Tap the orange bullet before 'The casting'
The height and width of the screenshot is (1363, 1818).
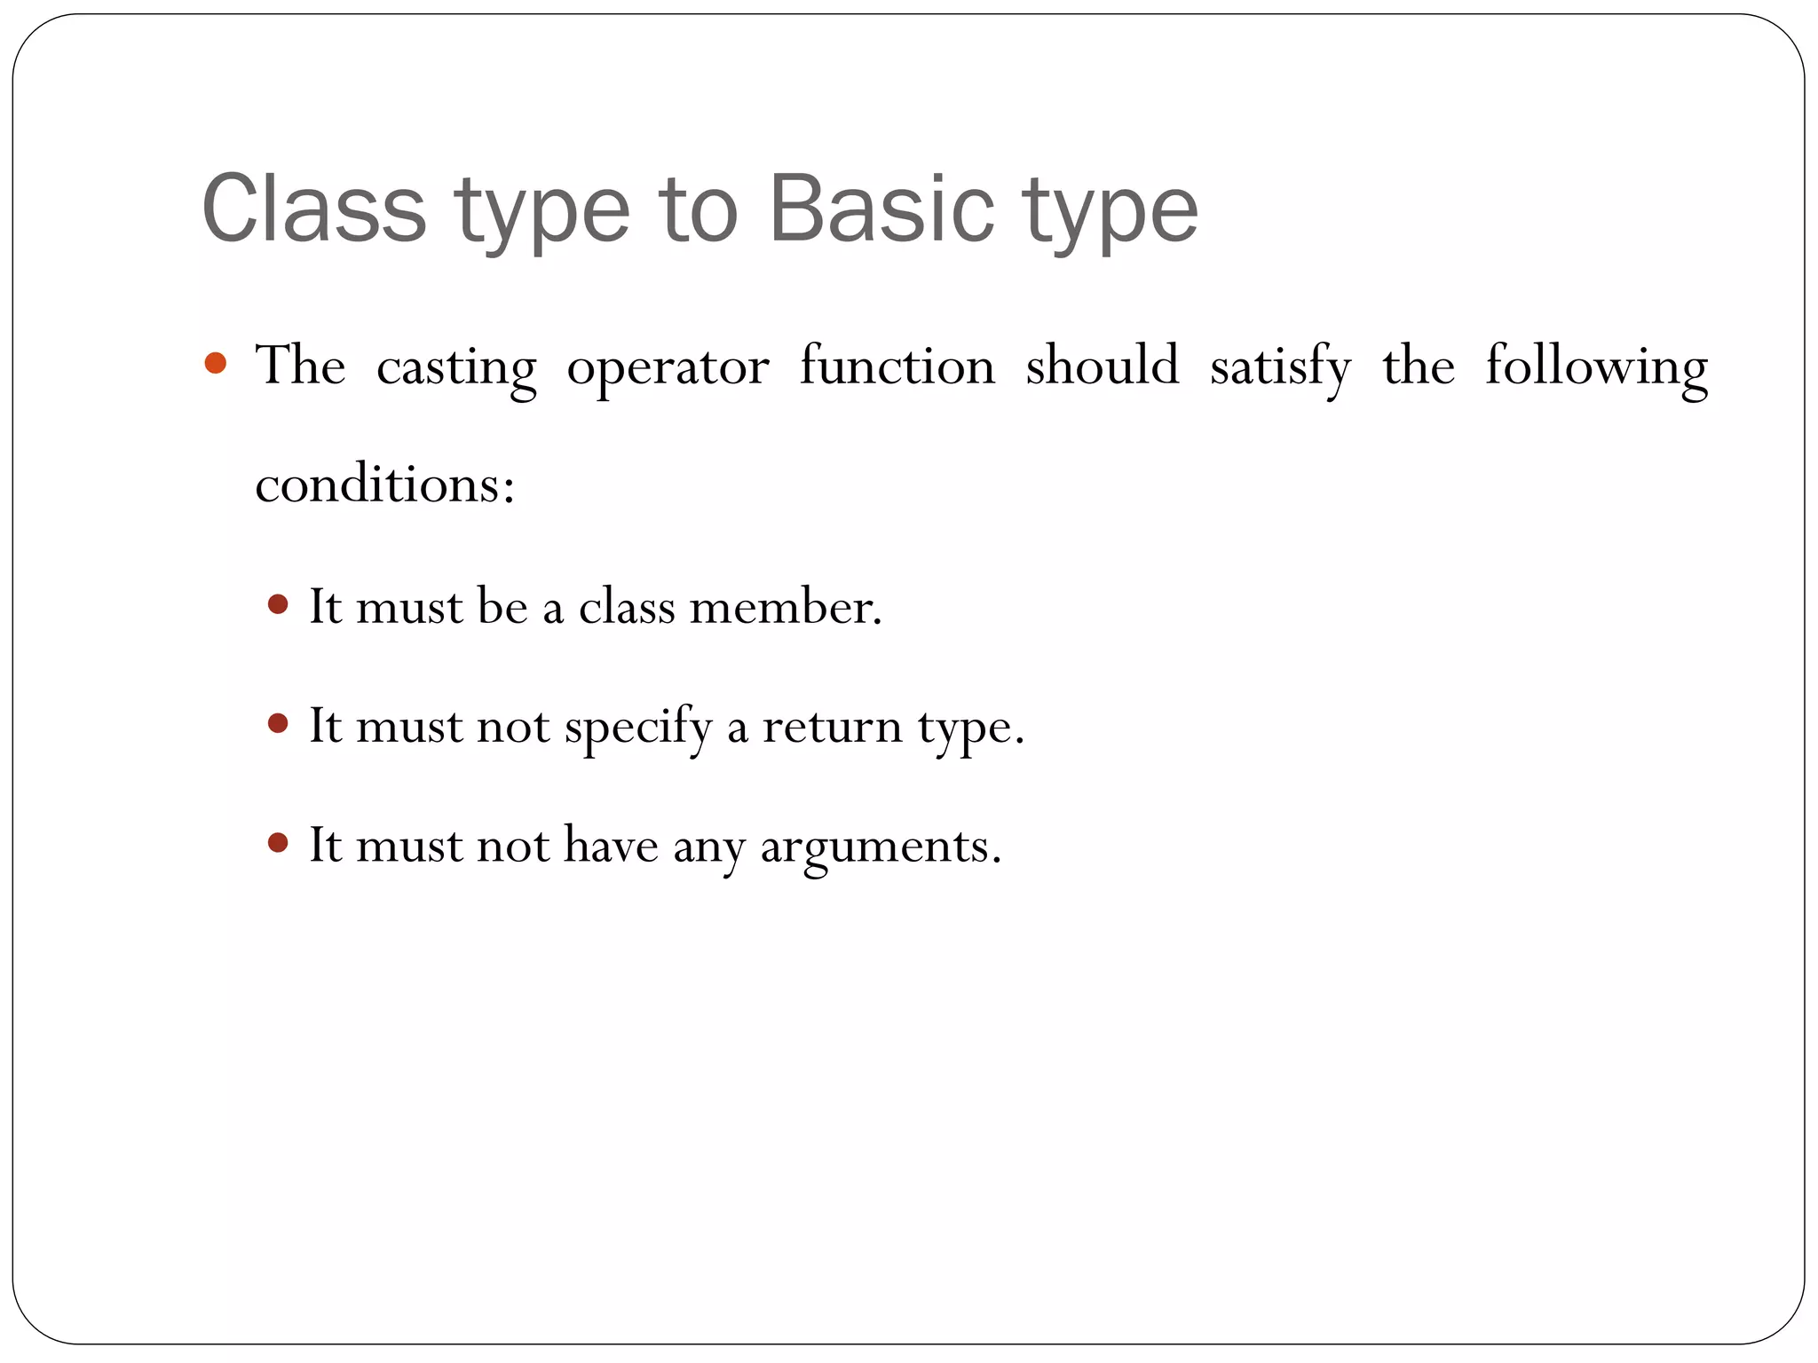click(215, 363)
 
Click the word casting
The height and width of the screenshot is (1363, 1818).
click(456, 367)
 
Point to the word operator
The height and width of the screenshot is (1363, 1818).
click(668, 367)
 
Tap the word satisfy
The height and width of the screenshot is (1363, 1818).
click(1280, 367)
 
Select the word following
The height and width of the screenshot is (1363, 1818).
click(1596, 367)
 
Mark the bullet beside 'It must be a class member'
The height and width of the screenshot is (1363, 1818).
click(278, 605)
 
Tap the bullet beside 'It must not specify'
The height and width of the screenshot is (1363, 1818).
click(278, 724)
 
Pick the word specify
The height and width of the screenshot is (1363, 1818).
click(638, 729)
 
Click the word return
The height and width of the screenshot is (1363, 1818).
click(832, 727)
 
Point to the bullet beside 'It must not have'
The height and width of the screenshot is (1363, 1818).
click(278, 842)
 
